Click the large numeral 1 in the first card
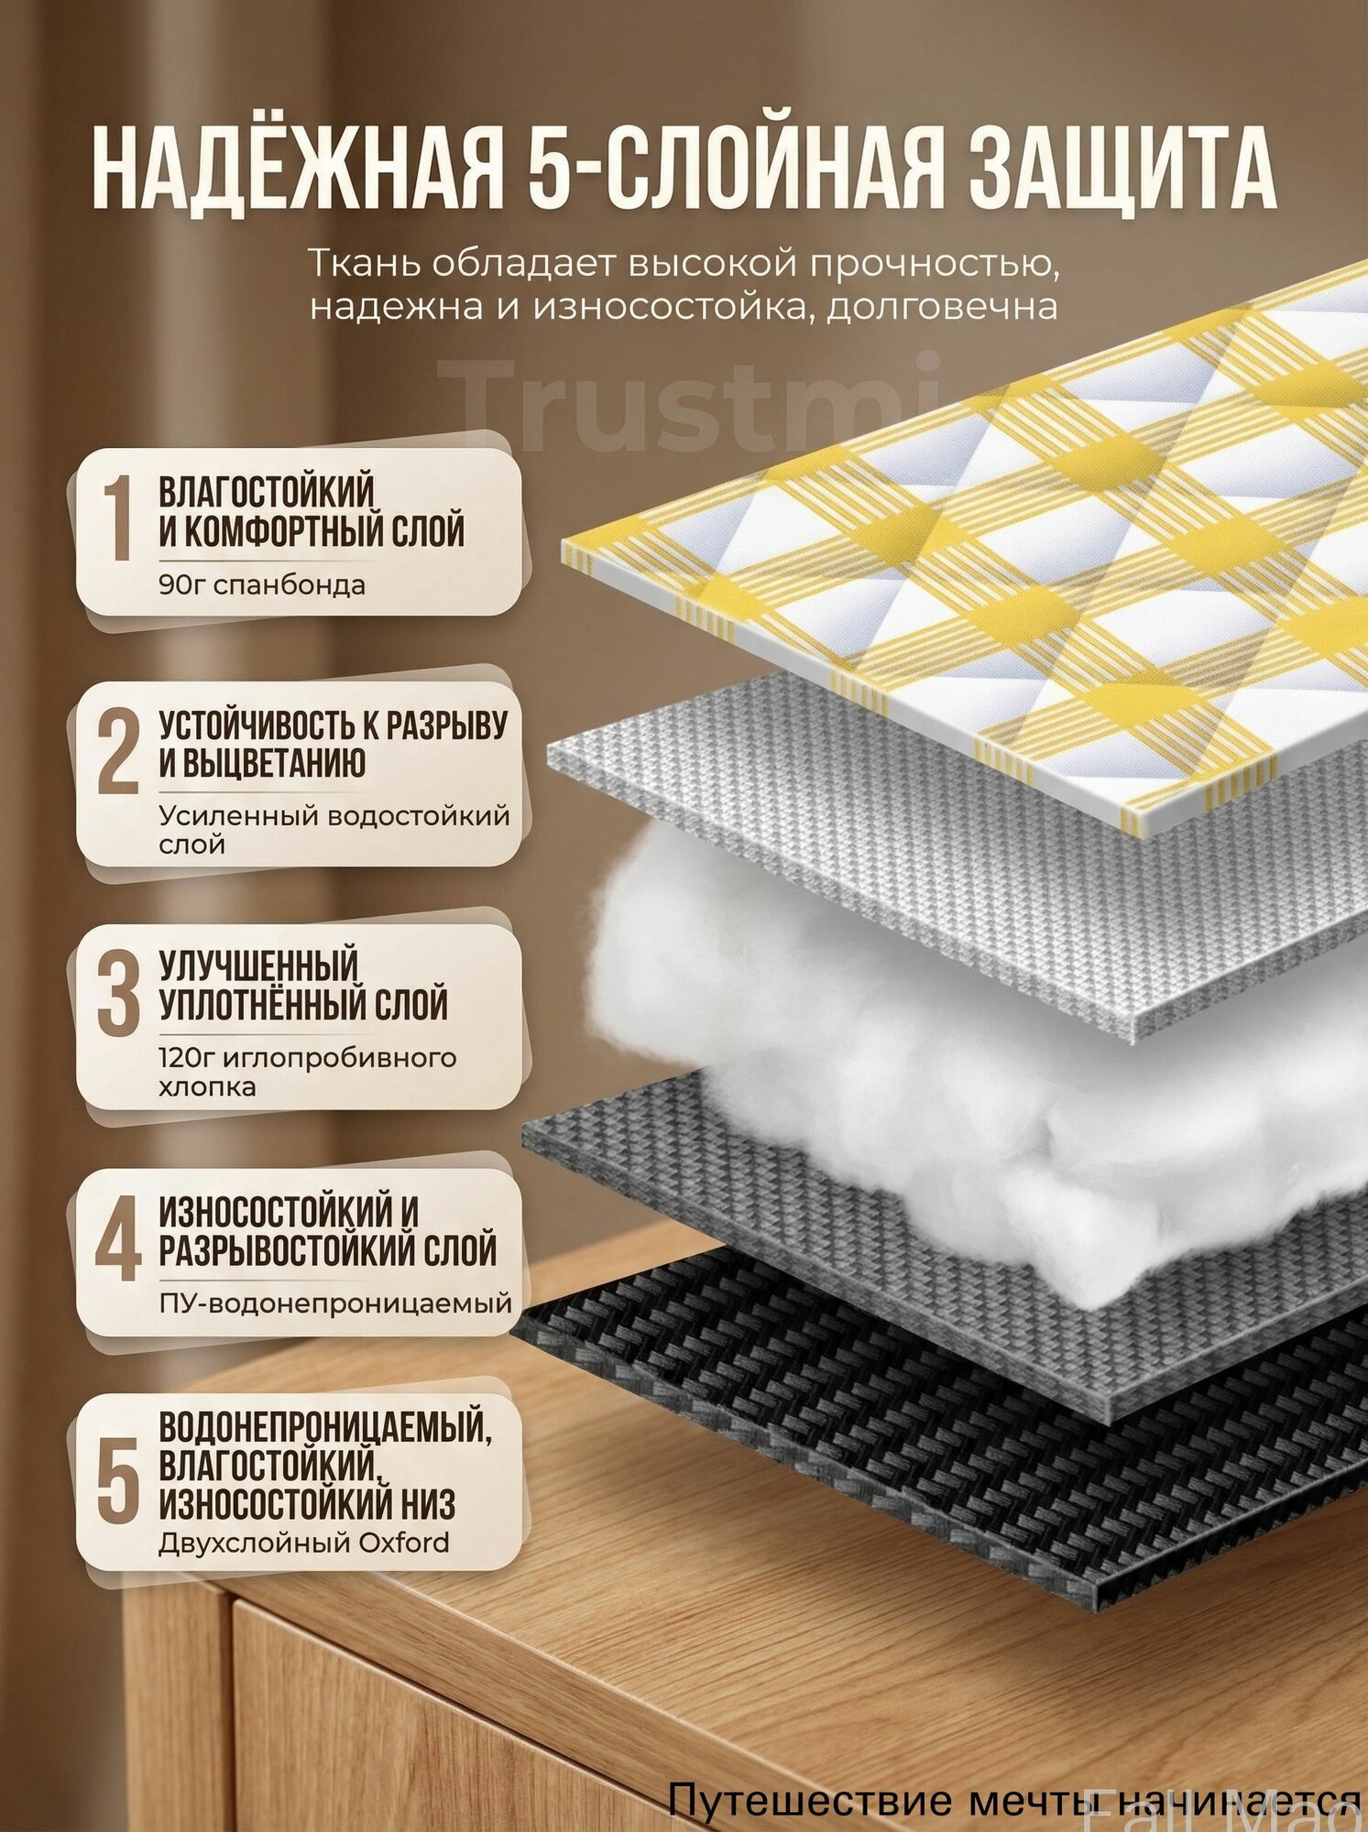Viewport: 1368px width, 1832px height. click(x=117, y=518)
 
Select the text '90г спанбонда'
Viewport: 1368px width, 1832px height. click(x=262, y=584)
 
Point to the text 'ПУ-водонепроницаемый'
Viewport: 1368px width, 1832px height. click(x=335, y=1302)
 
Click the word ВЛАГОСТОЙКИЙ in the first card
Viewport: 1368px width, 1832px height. click(x=267, y=492)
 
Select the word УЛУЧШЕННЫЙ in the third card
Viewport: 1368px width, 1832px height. click(x=258, y=965)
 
